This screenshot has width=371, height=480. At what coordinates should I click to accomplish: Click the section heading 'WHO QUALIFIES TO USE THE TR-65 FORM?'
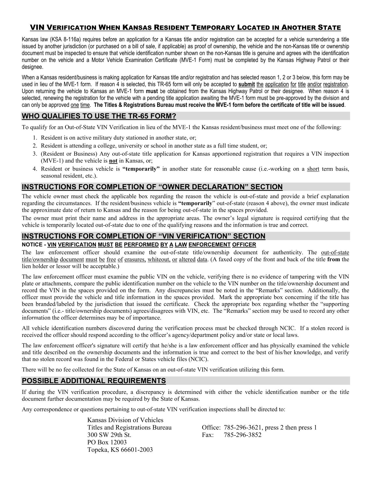coord(99,116)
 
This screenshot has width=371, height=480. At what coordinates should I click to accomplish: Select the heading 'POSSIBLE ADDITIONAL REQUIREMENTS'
coord(94,381)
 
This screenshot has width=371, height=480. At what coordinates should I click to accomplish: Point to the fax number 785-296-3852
coord(243,435)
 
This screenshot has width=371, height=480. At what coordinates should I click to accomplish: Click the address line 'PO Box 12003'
coord(107,442)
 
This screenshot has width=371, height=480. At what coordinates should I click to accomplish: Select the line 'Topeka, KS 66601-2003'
coord(120,450)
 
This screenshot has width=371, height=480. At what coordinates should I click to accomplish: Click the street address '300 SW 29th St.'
coord(109,435)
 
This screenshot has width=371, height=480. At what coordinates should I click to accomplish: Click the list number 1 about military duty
coord(35,138)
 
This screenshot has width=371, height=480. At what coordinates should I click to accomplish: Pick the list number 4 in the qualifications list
coord(35,169)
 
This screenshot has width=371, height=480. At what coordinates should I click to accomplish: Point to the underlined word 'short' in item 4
coord(313,169)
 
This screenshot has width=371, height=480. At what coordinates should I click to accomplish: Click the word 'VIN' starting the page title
coord(37,28)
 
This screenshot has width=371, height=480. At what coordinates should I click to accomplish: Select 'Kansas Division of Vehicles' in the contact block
coord(125,420)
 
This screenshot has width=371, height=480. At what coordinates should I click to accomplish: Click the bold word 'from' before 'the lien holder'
coord(333,259)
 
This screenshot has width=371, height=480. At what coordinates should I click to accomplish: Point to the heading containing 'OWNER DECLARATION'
coord(152,187)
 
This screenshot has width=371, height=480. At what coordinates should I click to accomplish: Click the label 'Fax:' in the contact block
coord(208,435)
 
